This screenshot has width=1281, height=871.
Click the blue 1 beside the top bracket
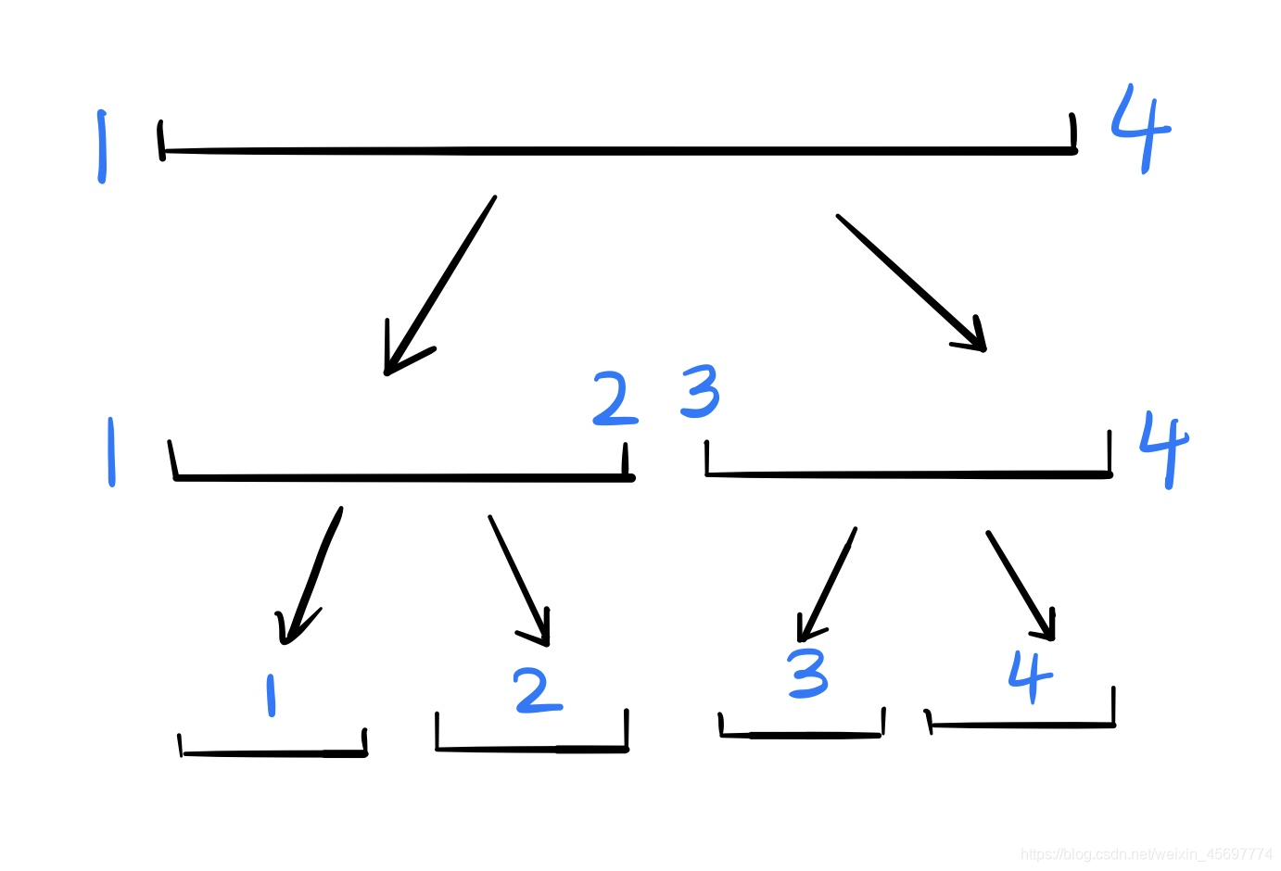[102, 146]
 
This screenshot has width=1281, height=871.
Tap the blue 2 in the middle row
[615, 399]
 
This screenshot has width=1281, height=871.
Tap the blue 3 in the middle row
[700, 391]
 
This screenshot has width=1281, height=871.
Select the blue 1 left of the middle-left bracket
[111, 451]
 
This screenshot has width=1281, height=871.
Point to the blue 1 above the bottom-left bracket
[271, 695]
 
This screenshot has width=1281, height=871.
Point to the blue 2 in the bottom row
[538, 691]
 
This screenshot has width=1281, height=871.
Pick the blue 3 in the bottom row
[807, 674]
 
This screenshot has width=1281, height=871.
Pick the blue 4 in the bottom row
[1030, 675]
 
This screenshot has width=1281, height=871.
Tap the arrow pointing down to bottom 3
[826, 585]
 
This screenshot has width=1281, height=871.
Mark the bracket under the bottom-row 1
[273, 752]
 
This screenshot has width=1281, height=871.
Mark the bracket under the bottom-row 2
[532, 747]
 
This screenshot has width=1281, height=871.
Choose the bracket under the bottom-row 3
[801, 734]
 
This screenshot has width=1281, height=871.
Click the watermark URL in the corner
[1146, 853]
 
